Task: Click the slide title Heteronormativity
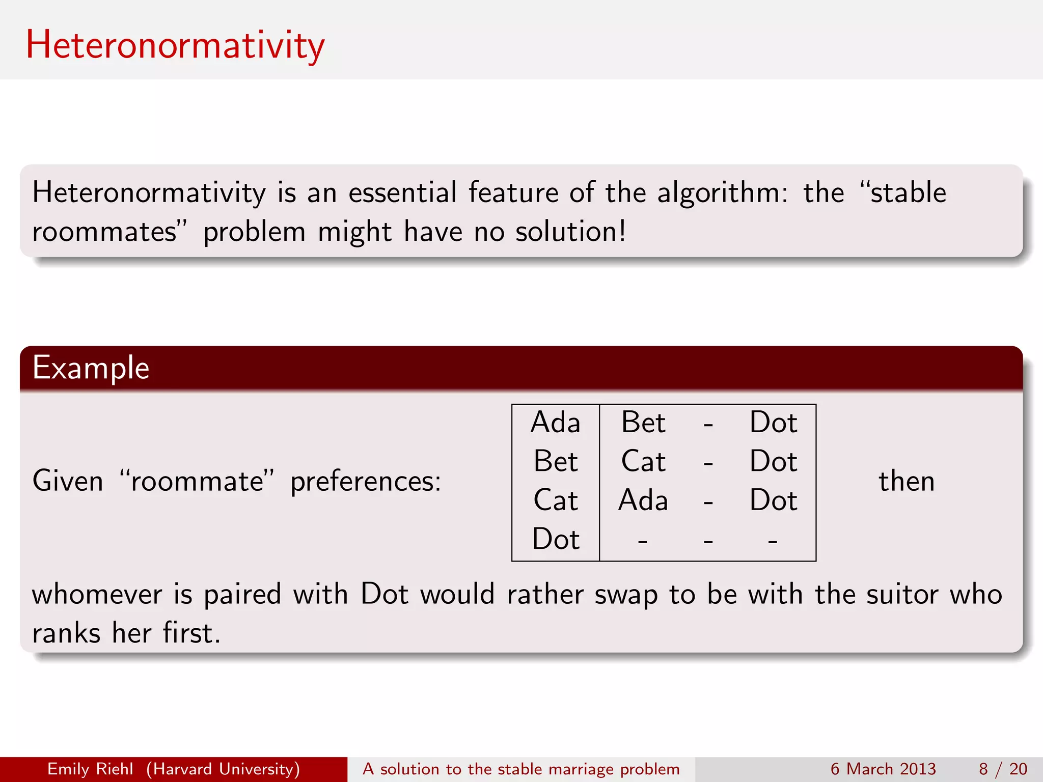(175, 45)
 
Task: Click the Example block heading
(91, 368)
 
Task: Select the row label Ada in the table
(555, 423)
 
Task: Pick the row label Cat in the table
(555, 500)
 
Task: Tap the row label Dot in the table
(555, 539)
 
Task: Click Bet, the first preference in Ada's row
(643, 423)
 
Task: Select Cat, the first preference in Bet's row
(643, 461)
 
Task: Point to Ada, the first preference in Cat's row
(643, 500)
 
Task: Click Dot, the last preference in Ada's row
(773, 423)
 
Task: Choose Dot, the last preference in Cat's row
(773, 500)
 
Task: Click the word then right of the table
(907, 481)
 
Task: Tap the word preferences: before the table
(365, 481)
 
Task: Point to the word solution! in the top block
(570, 232)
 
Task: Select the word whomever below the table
(97, 594)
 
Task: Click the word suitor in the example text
(902, 594)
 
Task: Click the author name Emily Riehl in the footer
(90, 769)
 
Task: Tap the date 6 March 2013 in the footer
(883, 769)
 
